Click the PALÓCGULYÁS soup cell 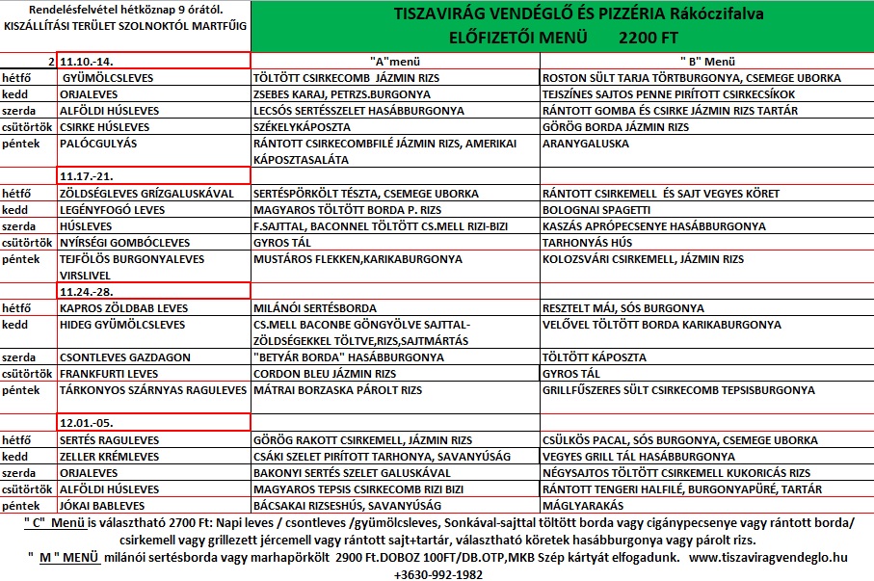[x=98, y=144]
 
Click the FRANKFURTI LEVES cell [x=107, y=373]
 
